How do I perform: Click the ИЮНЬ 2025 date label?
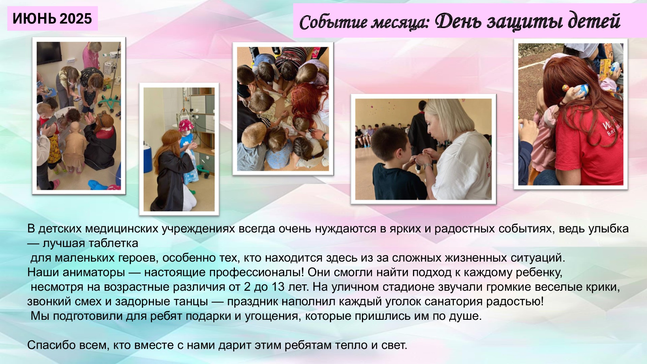(52, 19)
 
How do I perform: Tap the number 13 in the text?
(278, 287)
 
